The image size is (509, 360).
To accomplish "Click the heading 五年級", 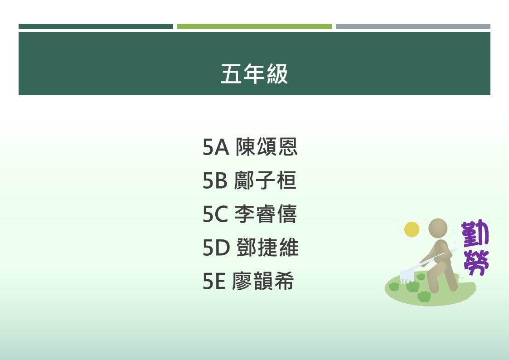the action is click(x=254, y=74).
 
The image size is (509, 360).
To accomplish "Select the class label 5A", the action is click(x=216, y=147).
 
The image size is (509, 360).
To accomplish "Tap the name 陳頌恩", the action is click(x=267, y=147).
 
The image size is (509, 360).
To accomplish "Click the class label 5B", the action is click(x=215, y=180).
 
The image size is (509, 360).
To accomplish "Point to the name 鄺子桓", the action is click(x=265, y=180).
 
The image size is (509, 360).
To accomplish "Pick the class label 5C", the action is click(x=216, y=214).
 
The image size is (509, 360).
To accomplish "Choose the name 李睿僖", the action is click(x=266, y=214).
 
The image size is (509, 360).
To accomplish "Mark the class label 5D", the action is click(x=216, y=248).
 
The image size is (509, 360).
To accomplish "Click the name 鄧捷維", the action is click(x=267, y=248).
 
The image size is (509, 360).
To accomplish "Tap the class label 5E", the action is click(x=214, y=281).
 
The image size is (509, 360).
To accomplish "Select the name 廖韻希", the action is click(x=263, y=281).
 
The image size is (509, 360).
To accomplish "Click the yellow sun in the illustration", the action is click(x=412, y=229).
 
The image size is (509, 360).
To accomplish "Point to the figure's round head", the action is click(x=438, y=228).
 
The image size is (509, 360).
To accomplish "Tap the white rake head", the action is click(x=407, y=276).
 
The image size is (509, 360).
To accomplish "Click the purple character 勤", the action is click(x=475, y=234).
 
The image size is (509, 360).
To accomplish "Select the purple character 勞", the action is click(x=476, y=262).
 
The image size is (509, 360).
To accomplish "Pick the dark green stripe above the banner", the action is click(x=96, y=27).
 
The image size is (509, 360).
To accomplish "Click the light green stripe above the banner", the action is click(x=255, y=27).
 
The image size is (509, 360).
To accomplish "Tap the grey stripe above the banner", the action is click(x=413, y=27).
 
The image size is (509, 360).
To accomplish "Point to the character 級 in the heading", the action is click(x=277, y=74).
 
